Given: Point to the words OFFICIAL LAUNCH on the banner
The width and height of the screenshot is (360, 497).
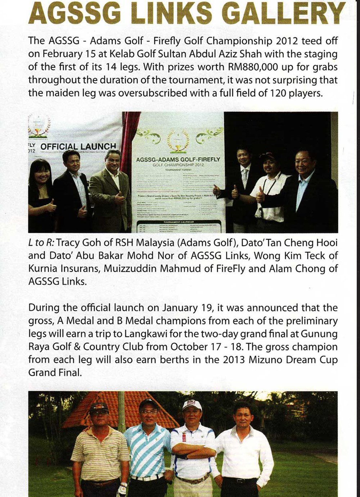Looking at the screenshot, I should click(x=78, y=146).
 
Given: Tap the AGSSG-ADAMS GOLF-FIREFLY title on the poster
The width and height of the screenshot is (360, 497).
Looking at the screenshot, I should click(x=178, y=159).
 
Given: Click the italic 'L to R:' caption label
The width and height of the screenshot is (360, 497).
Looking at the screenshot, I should click(x=41, y=243).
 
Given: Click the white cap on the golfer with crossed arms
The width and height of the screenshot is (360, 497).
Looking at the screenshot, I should click(x=192, y=405).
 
